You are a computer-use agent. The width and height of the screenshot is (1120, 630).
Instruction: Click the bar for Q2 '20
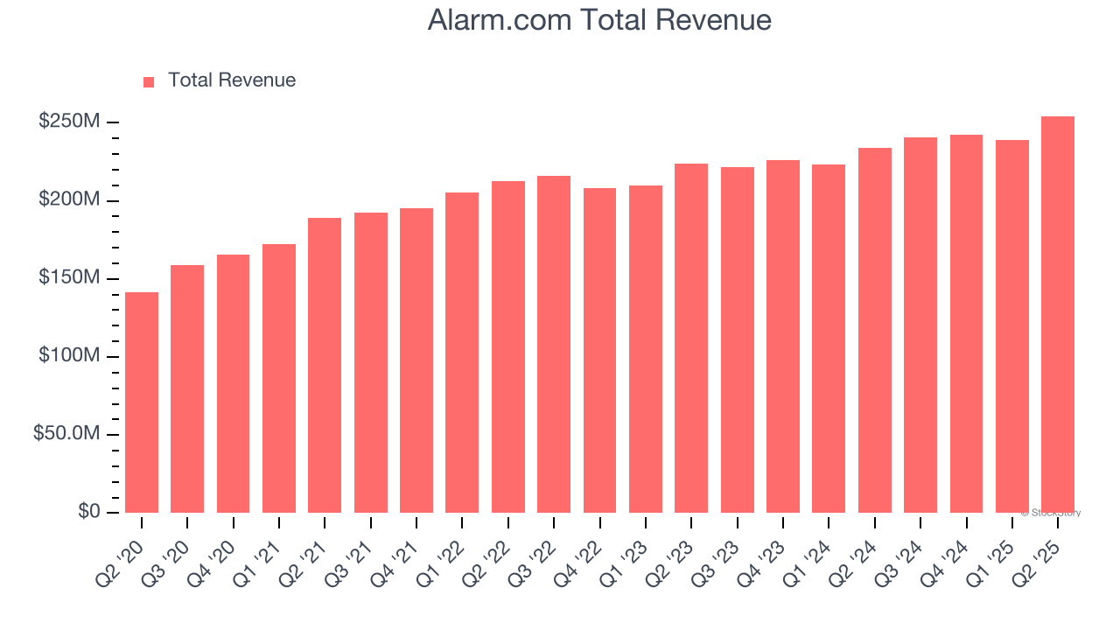[x=142, y=402]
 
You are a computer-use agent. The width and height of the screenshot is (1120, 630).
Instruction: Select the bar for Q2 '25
[x=1058, y=315]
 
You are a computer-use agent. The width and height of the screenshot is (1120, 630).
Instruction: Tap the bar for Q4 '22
[x=599, y=350]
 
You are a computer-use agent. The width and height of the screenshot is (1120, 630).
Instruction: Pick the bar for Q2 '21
[x=325, y=365]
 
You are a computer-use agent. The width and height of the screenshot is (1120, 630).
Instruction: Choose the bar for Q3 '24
[x=920, y=325]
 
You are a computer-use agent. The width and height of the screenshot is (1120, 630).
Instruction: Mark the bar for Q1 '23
[x=646, y=349]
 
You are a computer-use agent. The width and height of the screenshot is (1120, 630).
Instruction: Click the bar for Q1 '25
[x=1012, y=326]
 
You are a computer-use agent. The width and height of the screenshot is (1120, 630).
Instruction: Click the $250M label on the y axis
[x=69, y=122]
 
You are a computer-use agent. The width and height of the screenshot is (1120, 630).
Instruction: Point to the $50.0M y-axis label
[x=66, y=435]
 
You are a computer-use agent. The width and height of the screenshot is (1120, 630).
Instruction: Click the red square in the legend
[x=149, y=81]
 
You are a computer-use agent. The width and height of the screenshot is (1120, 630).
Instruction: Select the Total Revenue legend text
[x=232, y=80]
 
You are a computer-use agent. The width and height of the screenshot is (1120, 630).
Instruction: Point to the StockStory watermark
[x=1051, y=513]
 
